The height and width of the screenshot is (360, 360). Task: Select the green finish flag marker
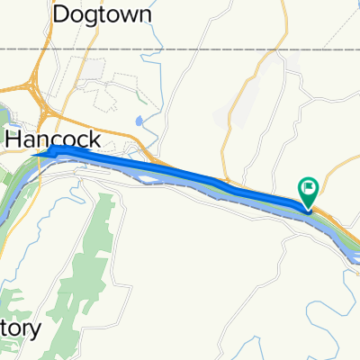coord(308,188)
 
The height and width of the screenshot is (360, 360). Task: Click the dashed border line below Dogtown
coord(180,48)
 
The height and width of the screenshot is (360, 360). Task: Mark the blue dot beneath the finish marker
coord(308,211)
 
